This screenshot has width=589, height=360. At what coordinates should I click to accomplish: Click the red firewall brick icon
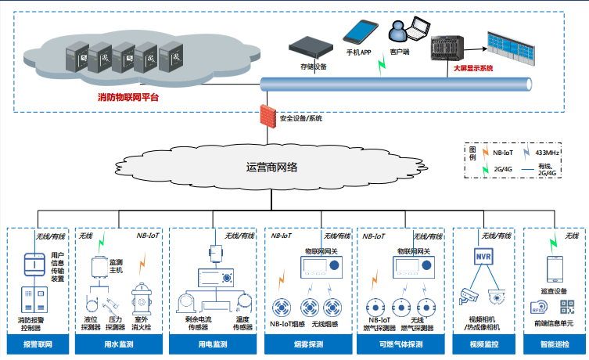pos(269,115)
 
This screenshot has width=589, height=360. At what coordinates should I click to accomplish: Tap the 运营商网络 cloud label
pos(271,167)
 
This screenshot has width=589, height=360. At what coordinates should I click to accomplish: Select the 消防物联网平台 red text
pos(127,98)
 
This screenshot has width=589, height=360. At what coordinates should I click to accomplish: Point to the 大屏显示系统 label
pos(473,68)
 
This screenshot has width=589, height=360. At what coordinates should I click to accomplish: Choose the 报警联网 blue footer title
pos(37,344)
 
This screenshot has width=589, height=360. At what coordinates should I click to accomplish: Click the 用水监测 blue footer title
pos(120,344)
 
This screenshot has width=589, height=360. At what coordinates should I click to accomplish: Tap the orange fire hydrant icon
pos(142,298)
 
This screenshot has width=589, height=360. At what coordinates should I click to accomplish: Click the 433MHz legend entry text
pos(548,153)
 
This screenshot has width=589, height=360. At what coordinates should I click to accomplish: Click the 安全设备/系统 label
pos(301,118)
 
